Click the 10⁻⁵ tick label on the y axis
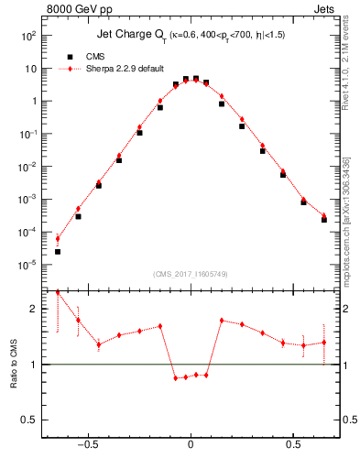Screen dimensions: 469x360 coord(28,265)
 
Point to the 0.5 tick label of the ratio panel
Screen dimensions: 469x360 coord(31,420)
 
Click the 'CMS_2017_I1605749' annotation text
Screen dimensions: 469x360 coord(190,275)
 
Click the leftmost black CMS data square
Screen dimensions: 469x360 coord(58,251)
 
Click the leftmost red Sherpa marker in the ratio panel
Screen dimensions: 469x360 coord(58,292)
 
